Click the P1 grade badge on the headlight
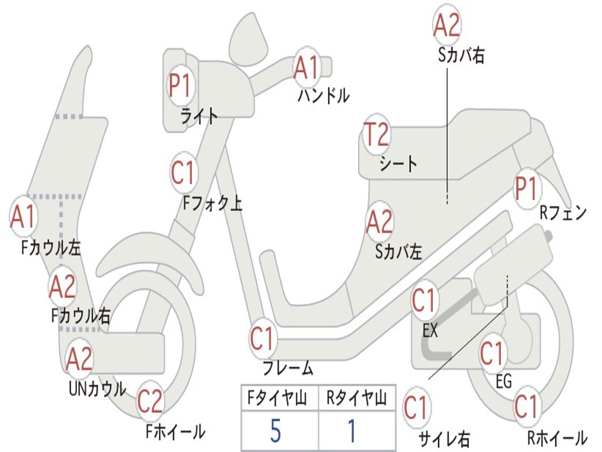tap(180, 85)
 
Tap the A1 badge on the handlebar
tap(307, 68)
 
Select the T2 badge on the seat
tap(377, 134)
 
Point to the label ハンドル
tap(323, 96)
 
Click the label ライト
tap(199, 116)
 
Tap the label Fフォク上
tap(212, 203)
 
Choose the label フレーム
tap(288, 368)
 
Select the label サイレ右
tap(444, 439)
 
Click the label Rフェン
tap(563, 212)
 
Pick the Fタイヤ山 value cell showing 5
tap(279, 430)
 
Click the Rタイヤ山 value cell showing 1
tap(357, 430)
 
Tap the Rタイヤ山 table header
tap(357, 398)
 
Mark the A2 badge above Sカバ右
tap(447, 25)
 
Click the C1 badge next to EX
tap(424, 300)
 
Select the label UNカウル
tap(98, 389)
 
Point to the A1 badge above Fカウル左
tap(24, 217)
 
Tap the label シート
tap(398, 164)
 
